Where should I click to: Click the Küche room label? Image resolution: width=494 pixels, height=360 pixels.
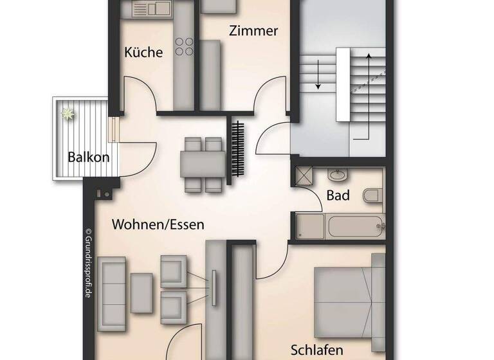143,53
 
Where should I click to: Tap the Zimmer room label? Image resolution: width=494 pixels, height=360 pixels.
254,30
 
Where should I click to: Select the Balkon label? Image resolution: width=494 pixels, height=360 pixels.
89,157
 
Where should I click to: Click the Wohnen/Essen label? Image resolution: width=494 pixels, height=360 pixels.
158,224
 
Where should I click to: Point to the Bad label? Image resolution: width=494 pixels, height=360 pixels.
338,195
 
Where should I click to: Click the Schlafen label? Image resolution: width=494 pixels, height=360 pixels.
317,350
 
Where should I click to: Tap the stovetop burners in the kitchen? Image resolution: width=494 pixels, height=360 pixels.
185,46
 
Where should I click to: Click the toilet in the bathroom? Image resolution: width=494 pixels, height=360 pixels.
371,195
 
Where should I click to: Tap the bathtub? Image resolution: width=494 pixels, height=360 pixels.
354,226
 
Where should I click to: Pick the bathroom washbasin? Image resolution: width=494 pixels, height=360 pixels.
337,174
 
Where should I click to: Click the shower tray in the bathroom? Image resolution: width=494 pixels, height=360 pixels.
303,175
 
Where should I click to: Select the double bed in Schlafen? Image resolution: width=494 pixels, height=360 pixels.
348,300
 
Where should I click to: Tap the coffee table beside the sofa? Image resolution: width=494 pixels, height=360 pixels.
142,293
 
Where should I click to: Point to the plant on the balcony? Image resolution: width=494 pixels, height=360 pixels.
67,114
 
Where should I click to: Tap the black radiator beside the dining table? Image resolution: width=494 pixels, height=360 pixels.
239,149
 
